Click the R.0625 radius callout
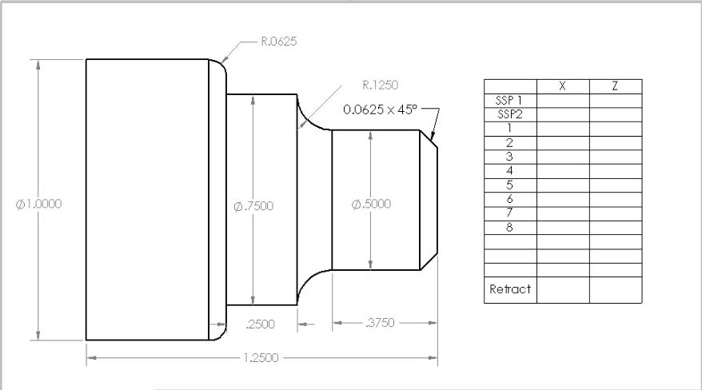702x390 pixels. click(x=278, y=42)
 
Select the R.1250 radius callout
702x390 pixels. click(x=380, y=84)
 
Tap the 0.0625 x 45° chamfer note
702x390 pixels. click(x=380, y=109)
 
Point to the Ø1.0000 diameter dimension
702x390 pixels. click(x=38, y=203)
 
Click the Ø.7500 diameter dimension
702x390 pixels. click(x=253, y=206)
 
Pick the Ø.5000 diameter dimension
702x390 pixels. click(x=371, y=204)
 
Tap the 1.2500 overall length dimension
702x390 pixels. click(x=261, y=357)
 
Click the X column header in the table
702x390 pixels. click(x=563, y=86)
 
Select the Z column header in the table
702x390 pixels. click(x=615, y=86)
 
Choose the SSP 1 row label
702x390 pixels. click(x=510, y=101)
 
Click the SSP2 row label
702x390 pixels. click(x=510, y=114)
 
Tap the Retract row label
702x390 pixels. click(x=510, y=289)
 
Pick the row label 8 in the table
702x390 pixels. click(x=510, y=227)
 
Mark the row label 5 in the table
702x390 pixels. click(x=510, y=185)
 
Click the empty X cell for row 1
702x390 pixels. click(x=563, y=129)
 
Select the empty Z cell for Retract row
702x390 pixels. click(x=615, y=289)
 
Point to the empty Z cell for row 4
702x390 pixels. click(x=615, y=171)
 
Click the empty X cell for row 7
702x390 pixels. click(x=563, y=213)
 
